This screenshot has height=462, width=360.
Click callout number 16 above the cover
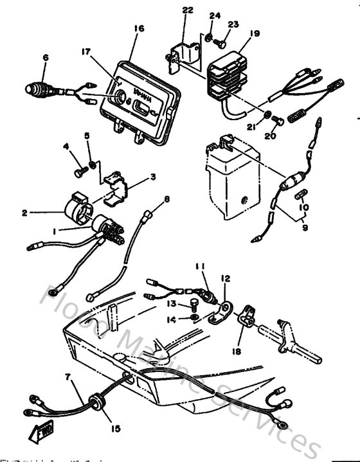coord(139,29)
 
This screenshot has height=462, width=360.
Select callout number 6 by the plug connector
coord(46,57)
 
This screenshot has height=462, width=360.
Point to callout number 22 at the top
coord(187,10)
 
